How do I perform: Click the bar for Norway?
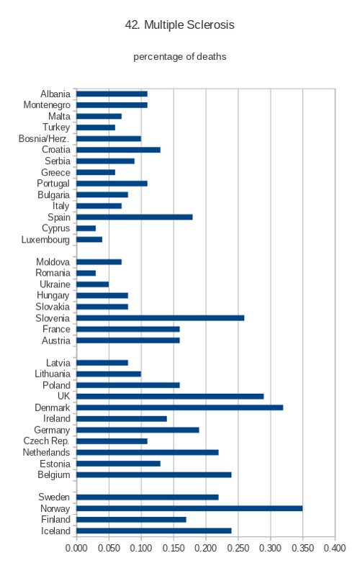[189, 508]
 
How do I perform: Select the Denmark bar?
[179, 408]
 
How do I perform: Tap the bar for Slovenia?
[160, 318]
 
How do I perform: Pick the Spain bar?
[135, 217]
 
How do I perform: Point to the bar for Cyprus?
[86, 228]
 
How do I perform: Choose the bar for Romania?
[86, 273]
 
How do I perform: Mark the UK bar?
[170, 397]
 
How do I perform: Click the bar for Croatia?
[118, 150]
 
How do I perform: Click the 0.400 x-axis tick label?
[335, 548]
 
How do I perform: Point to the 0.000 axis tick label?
[76, 548]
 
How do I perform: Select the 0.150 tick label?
[174, 548]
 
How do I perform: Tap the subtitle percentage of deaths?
[179, 57]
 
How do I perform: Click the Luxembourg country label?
[45, 240]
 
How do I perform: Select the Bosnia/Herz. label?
[44, 138]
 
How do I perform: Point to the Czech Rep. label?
[46, 441]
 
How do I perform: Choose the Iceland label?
[55, 531]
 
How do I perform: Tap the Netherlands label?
[46, 452]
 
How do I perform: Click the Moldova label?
[53, 262]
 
